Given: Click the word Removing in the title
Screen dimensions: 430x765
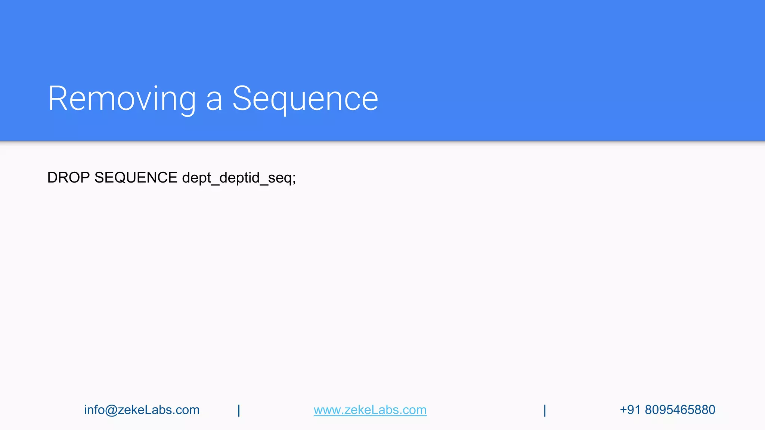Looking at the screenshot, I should (x=122, y=99).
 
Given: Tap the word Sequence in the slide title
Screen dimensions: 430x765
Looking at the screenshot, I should (x=305, y=99).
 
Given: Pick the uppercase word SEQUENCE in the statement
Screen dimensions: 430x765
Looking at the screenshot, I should (x=136, y=178).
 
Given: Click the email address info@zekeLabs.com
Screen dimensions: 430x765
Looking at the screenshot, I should (x=142, y=410).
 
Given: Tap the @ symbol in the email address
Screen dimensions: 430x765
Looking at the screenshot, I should (x=111, y=410).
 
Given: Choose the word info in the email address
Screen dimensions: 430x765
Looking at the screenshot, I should (x=94, y=409).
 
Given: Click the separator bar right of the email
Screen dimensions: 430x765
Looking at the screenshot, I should (x=239, y=410).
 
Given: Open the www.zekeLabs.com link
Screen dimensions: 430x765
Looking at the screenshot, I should (x=370, y=410).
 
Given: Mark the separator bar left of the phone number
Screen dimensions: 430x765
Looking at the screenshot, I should (x=545, y=410).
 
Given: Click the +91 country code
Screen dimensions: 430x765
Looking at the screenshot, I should (x=630, y=410).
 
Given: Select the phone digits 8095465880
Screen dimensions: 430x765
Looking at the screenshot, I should (x=680, y=410).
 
